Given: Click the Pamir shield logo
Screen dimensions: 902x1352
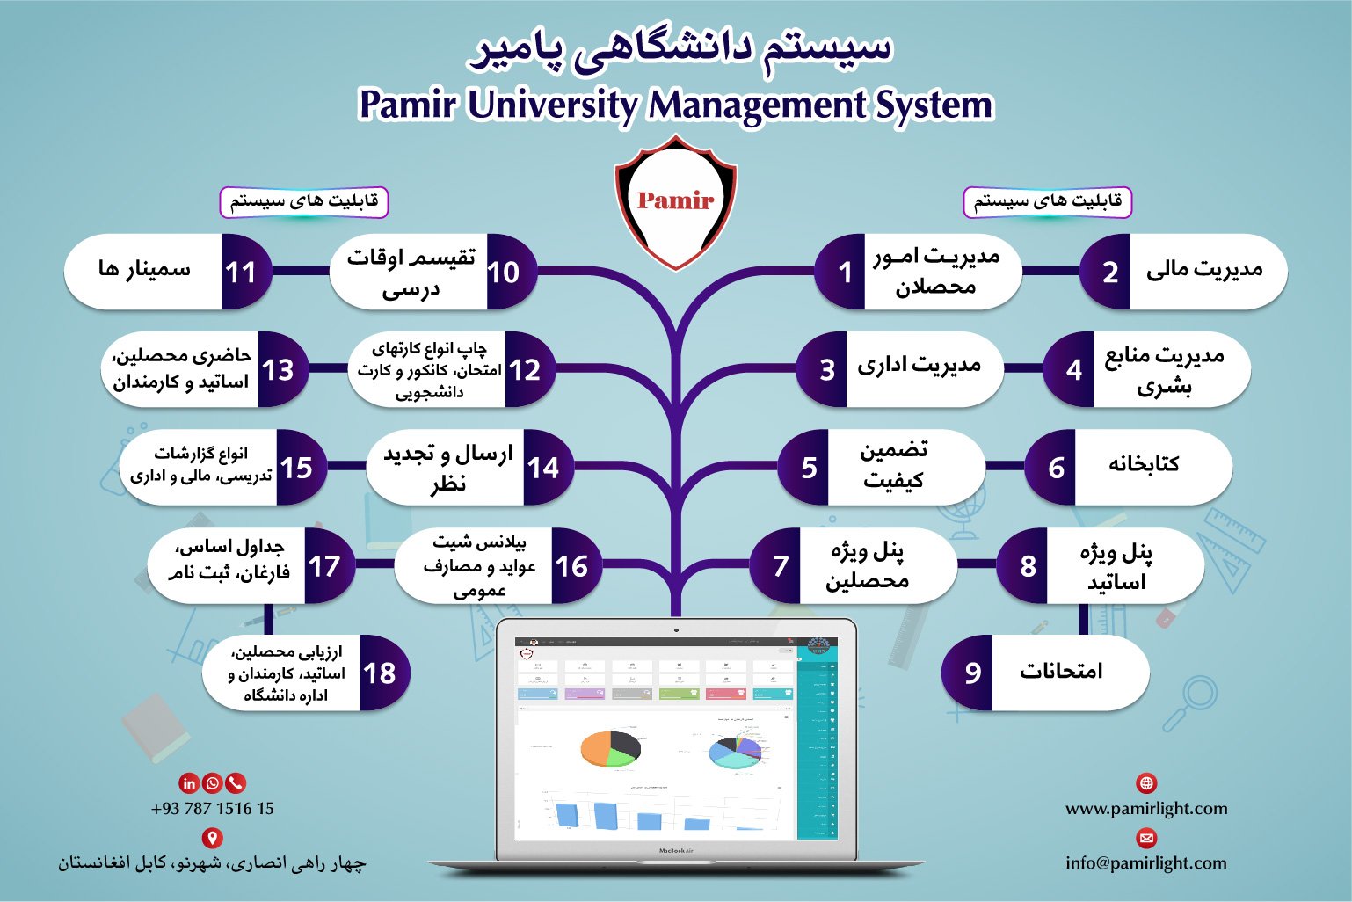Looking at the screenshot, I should tap(675, 201).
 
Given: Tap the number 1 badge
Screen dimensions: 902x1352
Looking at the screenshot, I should tap(844, 273).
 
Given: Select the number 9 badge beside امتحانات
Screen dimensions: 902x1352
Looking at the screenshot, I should tap(970, 673).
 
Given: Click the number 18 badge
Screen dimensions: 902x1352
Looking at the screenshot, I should tap(380, 673).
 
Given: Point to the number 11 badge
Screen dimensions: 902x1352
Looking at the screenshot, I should tap(241, 273).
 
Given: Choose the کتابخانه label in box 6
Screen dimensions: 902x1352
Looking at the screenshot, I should tap(1143, 464).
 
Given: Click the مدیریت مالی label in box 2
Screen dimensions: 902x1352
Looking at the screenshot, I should tap(1203, 270).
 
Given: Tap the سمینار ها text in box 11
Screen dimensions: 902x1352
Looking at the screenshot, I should tap(144, 269).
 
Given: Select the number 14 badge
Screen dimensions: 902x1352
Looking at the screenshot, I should tap(543, 468).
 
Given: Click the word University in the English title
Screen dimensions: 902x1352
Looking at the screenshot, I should tap(554, 105).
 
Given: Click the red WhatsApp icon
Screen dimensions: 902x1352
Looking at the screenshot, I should tap(213, 782).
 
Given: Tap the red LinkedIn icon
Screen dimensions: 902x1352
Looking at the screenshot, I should tap(189, 782).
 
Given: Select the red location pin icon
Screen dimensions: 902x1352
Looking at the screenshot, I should tap(212, 837).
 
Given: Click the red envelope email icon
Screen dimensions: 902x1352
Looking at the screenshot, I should tap(1146, 837).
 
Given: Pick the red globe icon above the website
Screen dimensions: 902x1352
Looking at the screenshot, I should tap(1146, 782).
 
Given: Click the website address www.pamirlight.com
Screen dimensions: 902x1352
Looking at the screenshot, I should tap(1146, 809).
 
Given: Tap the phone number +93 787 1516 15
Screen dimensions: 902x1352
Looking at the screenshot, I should tap(213, 809).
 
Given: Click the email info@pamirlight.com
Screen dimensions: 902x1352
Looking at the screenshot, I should tap(1146, 863).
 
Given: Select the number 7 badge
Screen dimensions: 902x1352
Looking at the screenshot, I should tap(780, 566).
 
